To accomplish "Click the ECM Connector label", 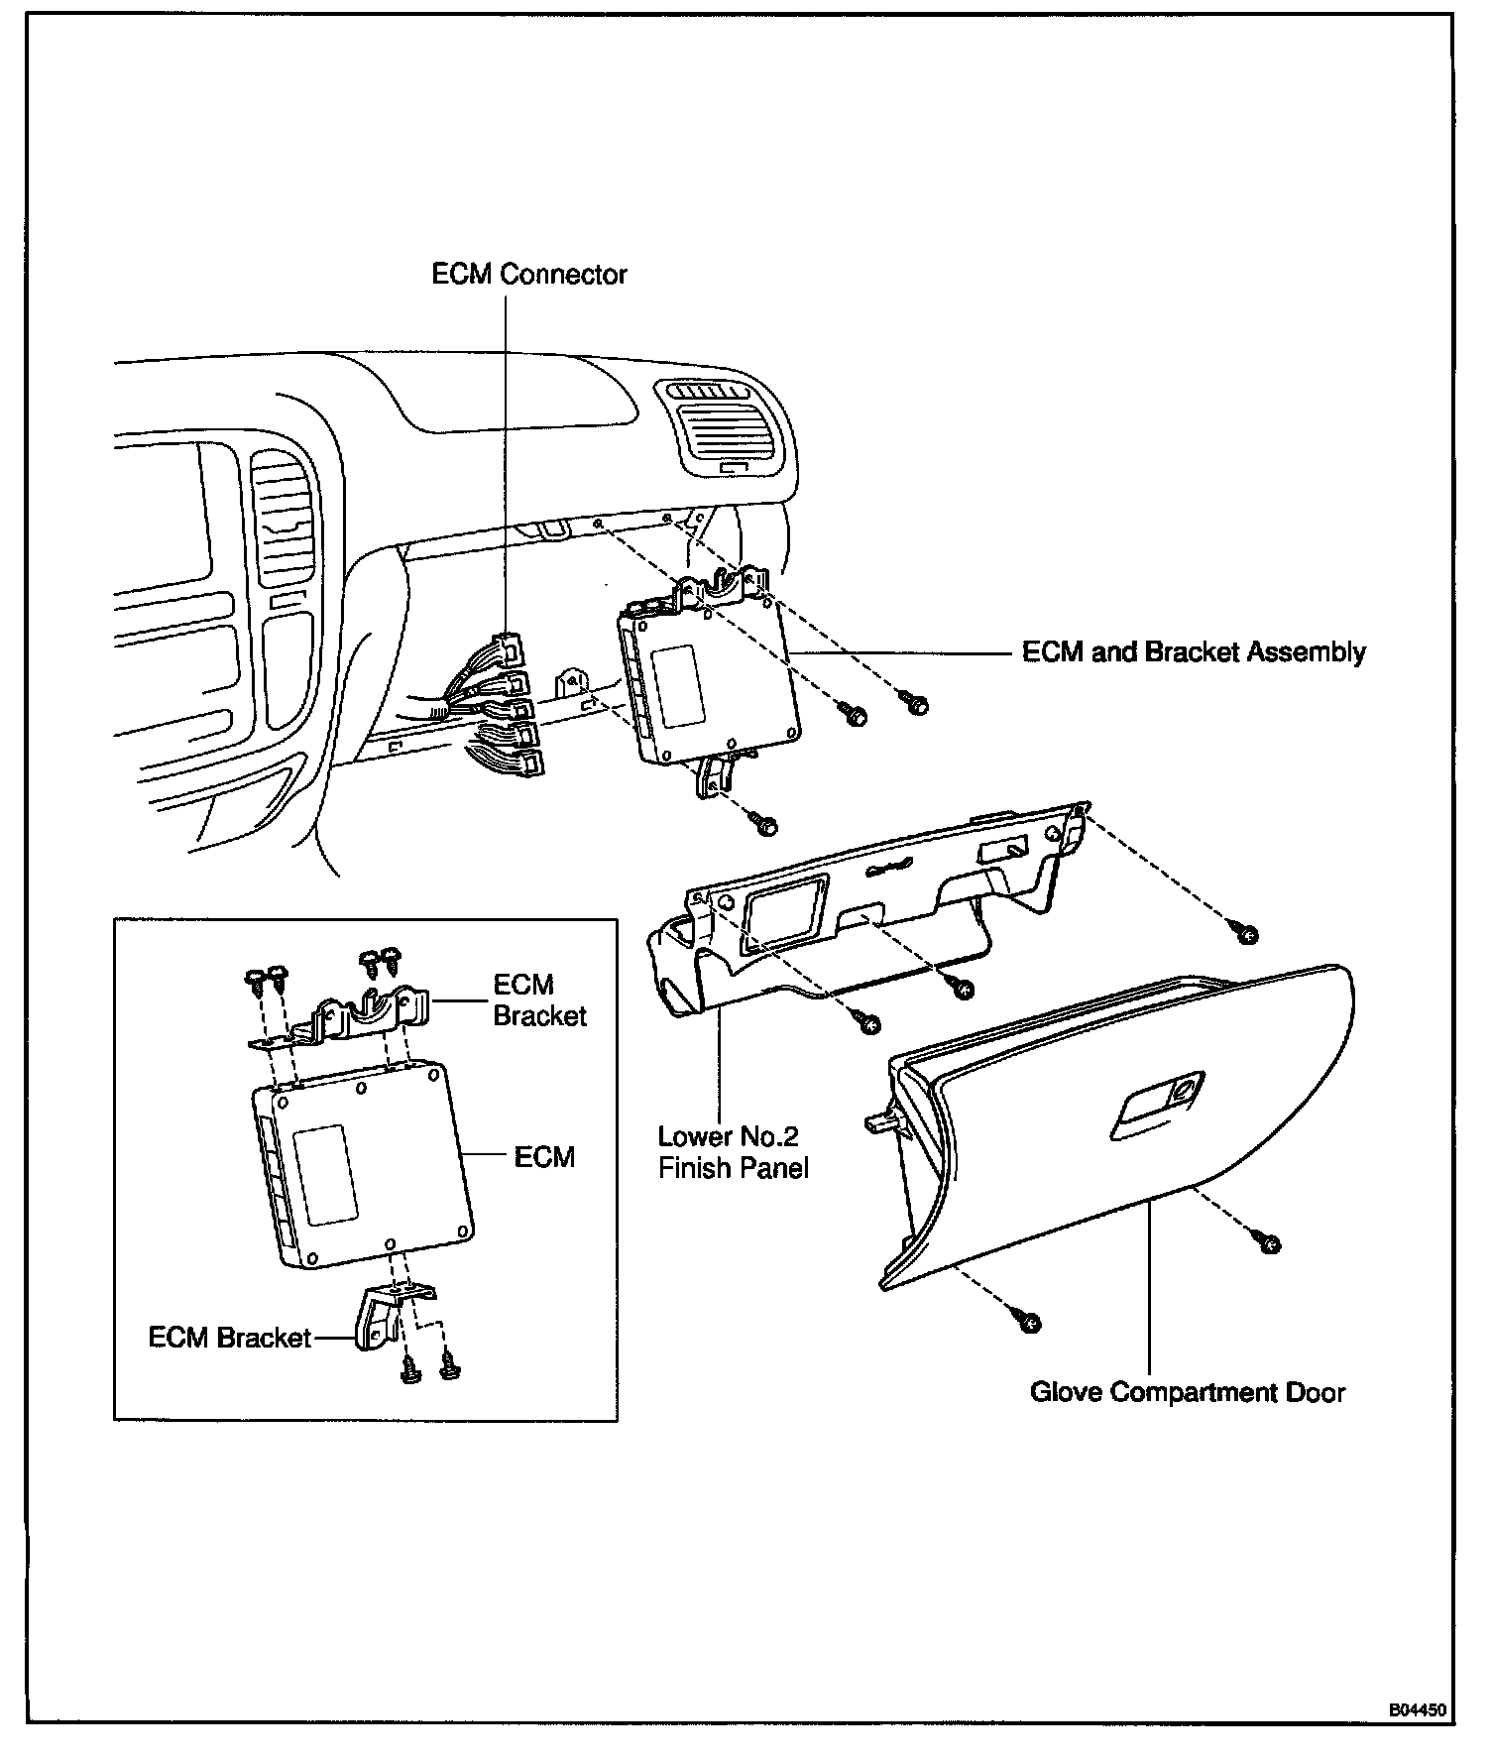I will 529,274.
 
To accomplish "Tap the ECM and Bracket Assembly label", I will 1194,652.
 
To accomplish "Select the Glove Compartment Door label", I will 1187,1392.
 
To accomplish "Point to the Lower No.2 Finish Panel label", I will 733,1152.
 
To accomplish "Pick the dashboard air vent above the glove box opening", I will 722,428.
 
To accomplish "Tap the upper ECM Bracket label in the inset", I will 539,1000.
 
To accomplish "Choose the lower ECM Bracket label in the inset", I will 230,1338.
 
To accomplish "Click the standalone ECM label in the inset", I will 544,1157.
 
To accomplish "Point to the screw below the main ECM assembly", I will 764,822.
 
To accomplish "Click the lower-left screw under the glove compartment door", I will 1028,1320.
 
